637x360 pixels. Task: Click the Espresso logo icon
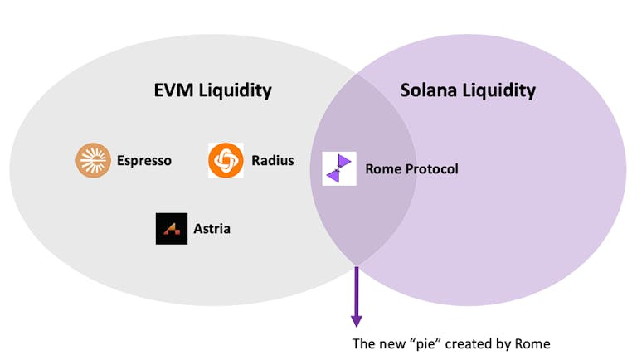tap(93, 161)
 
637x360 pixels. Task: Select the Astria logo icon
tap(172, 229)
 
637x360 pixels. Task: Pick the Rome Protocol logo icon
tap(338, 168)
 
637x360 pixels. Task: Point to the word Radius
tap(273, 161)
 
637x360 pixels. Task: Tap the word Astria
tap(213, 229)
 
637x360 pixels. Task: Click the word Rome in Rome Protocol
tap(382, 169)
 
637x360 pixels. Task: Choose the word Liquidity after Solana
tap(500, 90)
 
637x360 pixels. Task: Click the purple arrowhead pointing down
tap(357, 319)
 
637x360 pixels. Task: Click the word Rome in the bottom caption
tap(532, 344)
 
